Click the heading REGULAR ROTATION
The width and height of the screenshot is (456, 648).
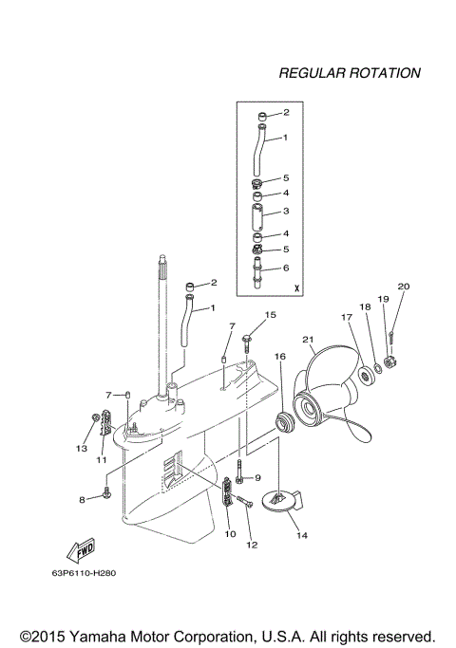[x=349, y=72]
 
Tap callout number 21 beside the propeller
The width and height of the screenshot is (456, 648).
[x=307, y=340]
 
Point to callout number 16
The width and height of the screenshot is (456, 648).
[x=279, y=356]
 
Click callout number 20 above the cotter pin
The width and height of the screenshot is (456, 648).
[x=403, y=286]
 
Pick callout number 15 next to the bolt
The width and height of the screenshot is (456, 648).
[x=270, y=314]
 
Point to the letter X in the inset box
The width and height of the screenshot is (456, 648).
[x=296, y=287]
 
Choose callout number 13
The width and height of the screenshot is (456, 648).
[x=82, y=448]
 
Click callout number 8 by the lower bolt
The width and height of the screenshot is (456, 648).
[x=82, y=498]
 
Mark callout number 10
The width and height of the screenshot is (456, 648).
[x=230, y=534]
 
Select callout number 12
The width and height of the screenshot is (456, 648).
[x=252, y=544]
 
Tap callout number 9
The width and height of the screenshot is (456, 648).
[x=256, y=477]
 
